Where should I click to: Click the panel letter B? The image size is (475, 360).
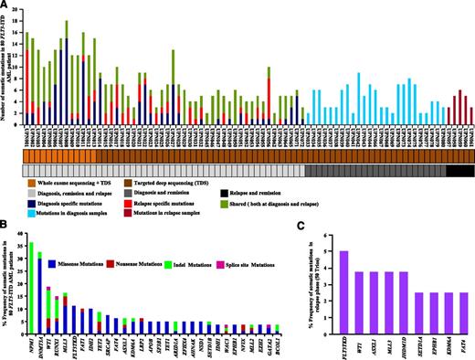[6, 225]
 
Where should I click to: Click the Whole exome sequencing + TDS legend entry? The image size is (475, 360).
[64, 184]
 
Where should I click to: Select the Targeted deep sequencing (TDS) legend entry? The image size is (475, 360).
[192, 184]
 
